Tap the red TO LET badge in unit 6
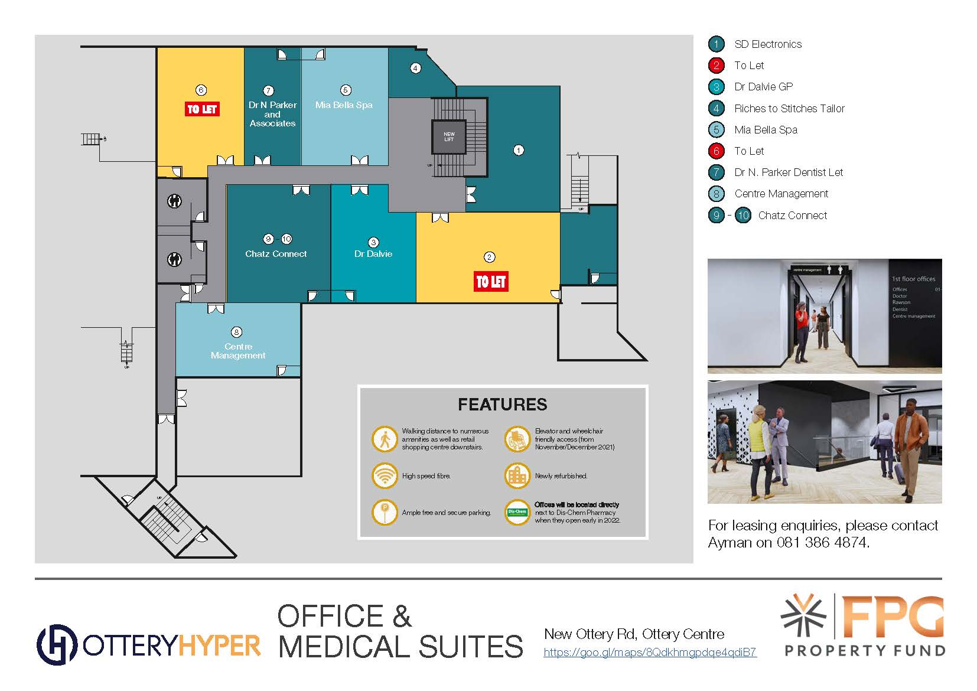click(202, 109)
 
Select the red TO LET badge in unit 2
click(491, 282)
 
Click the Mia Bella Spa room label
click(344, 105)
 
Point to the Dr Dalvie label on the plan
click(373, 254)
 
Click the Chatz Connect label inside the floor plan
click(276, 254)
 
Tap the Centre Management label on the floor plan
click(238, 351)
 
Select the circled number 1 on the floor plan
click(518, 150)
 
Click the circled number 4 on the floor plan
click(415, 68)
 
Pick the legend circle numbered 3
click(716, 87)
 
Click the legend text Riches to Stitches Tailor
click(789, 109)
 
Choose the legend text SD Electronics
click(768, 44)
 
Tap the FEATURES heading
click(502, 405)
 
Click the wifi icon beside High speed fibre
click(385, 475)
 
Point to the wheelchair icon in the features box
click(517, 439)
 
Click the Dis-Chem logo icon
click(517, 512)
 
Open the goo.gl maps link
click(650, 653)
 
